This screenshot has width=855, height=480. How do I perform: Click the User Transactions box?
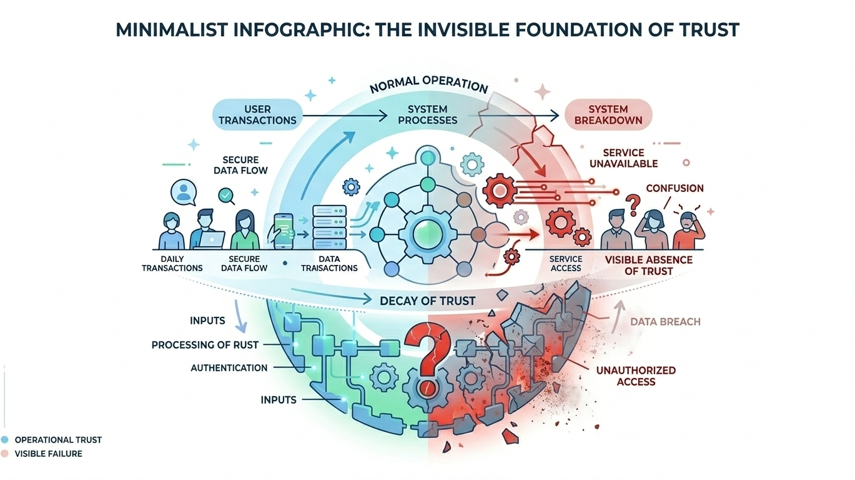[257, 114]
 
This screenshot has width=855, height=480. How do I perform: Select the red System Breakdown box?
[608, 114]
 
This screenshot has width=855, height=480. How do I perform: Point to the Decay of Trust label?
[427, 301]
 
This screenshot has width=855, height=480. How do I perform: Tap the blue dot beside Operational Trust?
[5, 439]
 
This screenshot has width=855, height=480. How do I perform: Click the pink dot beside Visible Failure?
[5, 454]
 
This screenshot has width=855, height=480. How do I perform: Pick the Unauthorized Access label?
[636, 376]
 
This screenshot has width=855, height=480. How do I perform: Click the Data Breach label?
[665, 322]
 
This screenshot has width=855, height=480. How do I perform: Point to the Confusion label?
[675, 188]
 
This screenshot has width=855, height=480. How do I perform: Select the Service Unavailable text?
[630, 158]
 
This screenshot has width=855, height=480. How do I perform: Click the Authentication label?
[229, 368]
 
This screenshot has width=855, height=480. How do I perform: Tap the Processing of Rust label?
[205, 345]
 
